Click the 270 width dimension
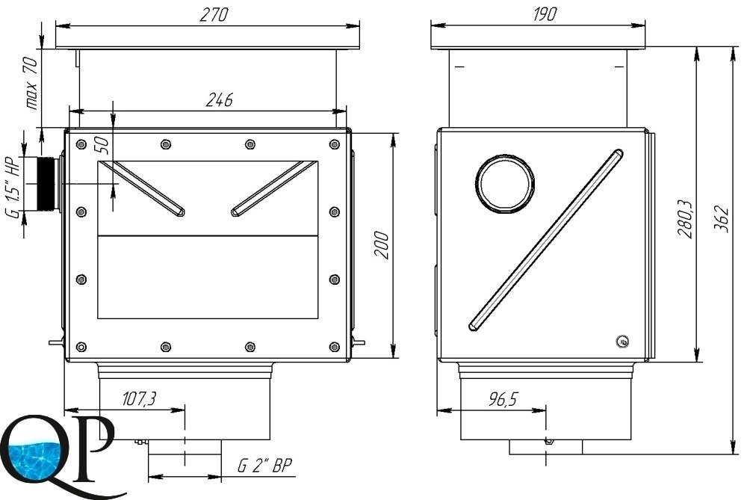coord(214,15)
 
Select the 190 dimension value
coord(544,15)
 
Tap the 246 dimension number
coord(219,99)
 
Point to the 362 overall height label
coord(722,219)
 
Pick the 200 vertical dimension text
coord(382,245)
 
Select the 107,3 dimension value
coord(139,398)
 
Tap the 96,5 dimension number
coord(503,399)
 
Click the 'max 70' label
coord(31,83)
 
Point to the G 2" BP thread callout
coord(264,465)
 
